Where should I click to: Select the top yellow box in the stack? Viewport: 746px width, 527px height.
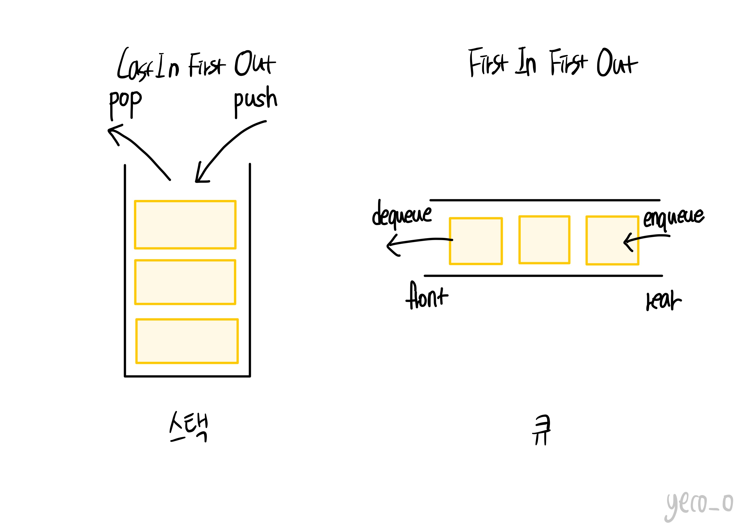pyautogui.click(x=185, y=225)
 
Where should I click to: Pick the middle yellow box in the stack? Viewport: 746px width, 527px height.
pyautogui.click(x=185, y=282)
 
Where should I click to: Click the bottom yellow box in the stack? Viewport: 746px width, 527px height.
pyautogui.click(x=187, y=341)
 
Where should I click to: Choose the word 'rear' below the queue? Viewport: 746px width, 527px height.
pyautogui.click(x=663, y=301)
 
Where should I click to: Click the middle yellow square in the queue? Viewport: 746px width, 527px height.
pyautogui.click(x=544, y=240)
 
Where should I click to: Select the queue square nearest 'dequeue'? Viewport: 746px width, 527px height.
pyautogui.click(x=476, y=241)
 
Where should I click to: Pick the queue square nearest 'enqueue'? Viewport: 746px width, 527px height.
pyautogui.click(x=612, y=241)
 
